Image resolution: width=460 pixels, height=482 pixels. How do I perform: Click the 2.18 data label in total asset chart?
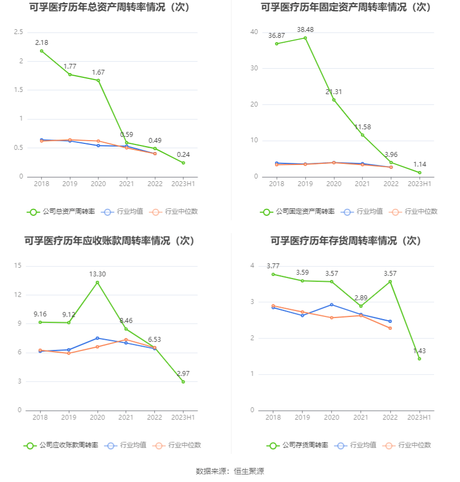[x=42, y=42]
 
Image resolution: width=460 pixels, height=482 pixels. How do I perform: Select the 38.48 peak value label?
[x=305, y=29]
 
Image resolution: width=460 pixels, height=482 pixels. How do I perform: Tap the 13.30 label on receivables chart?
[x=97, y=274]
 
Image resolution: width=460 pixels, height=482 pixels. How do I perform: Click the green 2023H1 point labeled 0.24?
[x=183, y=163]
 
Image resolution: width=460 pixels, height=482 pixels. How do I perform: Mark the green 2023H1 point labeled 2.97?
[x=183, y=382]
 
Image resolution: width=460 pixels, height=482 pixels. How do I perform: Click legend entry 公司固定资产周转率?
[x=298, y=212]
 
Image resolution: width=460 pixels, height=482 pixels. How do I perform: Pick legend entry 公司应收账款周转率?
[x=61, y=445]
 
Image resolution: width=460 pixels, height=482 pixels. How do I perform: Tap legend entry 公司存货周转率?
[x=298, y=445]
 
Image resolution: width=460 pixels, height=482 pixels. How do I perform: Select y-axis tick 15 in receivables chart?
[x=18, y=266]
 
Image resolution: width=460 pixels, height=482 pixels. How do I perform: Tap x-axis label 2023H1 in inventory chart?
[x=419, y=417]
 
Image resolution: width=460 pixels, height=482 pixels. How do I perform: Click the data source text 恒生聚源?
[x=249, y=471]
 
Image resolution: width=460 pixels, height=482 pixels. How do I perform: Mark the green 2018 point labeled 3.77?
[x=273, y=274]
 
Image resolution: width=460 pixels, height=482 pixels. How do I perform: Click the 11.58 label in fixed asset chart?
[x=363, y=127]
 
